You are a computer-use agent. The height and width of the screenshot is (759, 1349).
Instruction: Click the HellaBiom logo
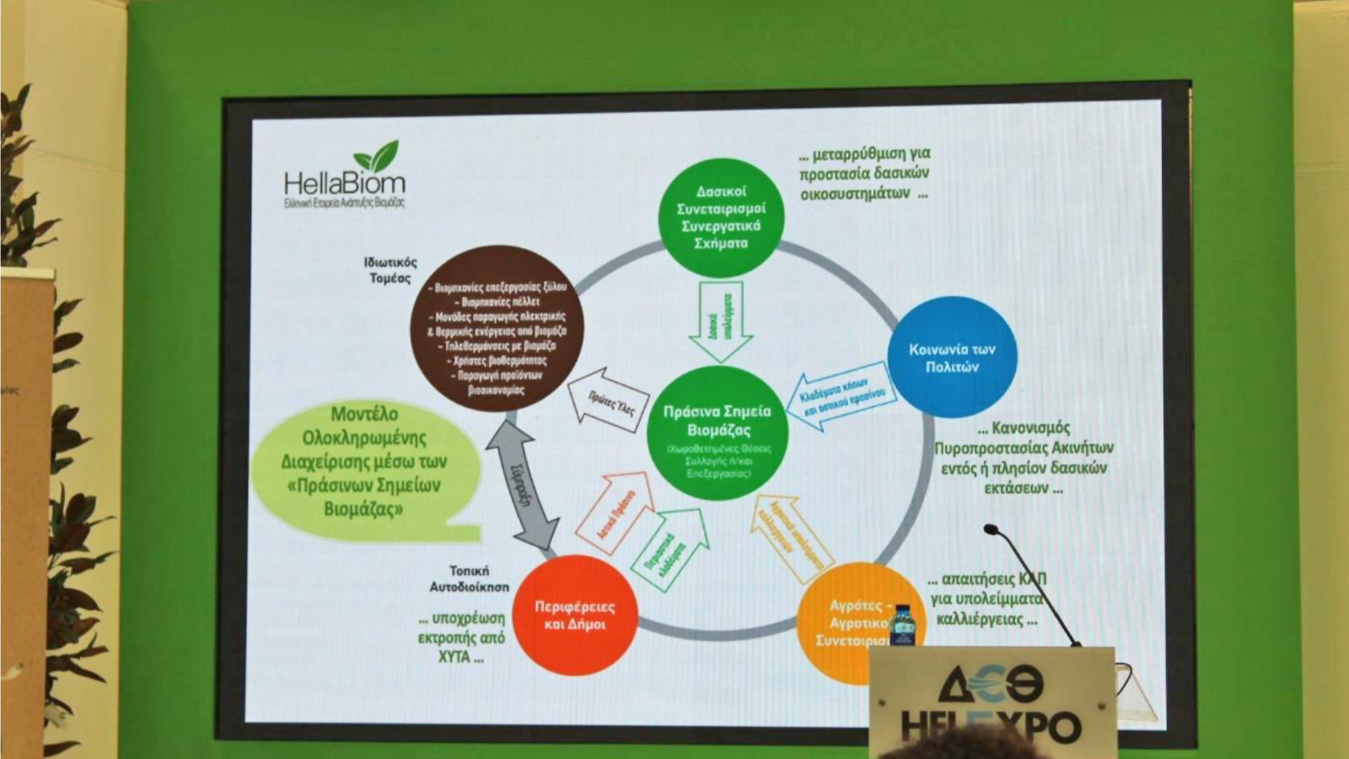coord(345,175)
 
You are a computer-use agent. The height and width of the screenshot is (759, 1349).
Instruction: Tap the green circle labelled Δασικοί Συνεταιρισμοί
coord(721,217)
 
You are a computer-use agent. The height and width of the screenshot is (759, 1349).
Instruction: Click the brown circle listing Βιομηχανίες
coord(497,328)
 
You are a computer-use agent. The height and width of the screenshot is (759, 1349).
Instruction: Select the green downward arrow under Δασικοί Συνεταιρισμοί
coord(721,321)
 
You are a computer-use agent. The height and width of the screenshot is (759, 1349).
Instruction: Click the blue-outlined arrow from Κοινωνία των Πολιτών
coord(842,396)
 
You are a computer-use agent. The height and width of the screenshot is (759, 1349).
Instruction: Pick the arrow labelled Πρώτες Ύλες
coord(610,401)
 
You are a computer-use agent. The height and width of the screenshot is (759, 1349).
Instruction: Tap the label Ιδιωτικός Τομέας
coord(390,270)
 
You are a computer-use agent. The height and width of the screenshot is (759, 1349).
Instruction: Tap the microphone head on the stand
coord(992,530)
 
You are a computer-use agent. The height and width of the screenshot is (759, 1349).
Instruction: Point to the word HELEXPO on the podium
coord(990,725)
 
